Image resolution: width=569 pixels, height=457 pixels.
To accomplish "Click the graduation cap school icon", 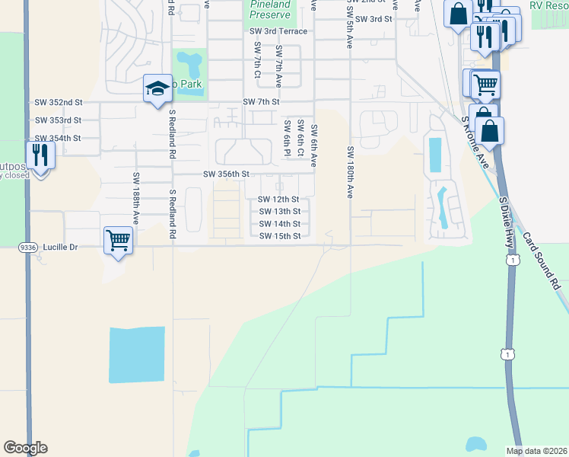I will point(157,88).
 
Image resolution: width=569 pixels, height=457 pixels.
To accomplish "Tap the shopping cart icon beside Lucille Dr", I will point(118,241).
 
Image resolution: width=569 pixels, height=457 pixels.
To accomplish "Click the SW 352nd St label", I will point(58,101).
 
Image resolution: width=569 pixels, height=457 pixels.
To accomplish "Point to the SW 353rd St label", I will point(58,120).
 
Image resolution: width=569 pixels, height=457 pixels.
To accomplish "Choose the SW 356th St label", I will point(226,174).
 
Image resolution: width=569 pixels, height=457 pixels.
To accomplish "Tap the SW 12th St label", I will point(279,200).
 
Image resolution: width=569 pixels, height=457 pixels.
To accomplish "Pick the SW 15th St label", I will point(279,236).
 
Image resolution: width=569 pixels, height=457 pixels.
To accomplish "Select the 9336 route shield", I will point(28,246).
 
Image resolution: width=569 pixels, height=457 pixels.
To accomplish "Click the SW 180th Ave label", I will point(351,172).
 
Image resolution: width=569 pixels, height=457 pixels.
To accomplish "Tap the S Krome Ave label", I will point(475,142).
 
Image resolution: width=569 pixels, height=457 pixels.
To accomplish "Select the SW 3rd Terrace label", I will point(278,31).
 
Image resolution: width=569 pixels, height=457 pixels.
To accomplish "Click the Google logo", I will point(25,448).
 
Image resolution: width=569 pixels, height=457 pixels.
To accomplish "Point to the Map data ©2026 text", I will point(536,451).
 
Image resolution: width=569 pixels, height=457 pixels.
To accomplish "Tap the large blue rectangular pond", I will point(137,354).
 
